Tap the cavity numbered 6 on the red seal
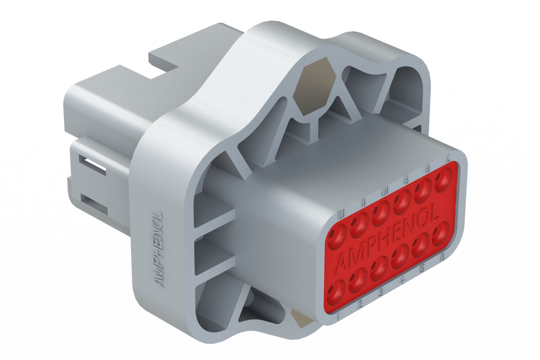click(441, 233)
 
